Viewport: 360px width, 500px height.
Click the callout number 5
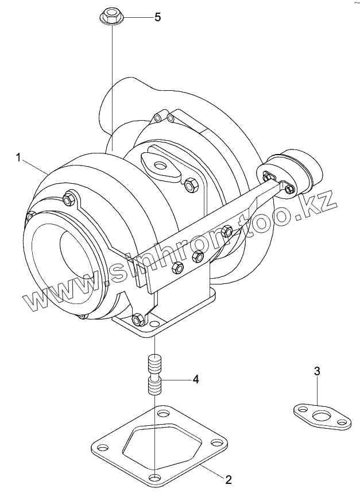[x=158, y=17]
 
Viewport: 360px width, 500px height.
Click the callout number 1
[x=18, y=157]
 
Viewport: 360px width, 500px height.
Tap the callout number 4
[x=196, y=379]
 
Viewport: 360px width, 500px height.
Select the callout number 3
[x=317, y=371]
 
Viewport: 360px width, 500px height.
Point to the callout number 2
[x=228, y=480]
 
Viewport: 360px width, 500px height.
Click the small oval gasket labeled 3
[x=322, y=416]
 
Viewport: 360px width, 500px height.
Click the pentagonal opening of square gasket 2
[x=162, y=446]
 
